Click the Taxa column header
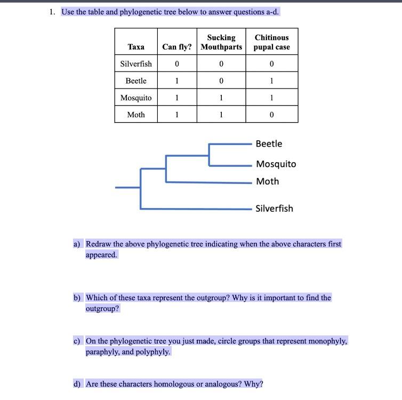point(136,47)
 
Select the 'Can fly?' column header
point(176,47)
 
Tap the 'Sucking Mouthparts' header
point(221,42)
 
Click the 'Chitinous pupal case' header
point(271,42)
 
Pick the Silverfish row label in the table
point(136,63)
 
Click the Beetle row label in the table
point(136,81)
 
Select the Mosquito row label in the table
point(136,98)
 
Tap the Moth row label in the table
point(136,115)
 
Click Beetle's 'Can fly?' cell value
point(176,81)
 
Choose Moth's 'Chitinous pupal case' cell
point(271,115)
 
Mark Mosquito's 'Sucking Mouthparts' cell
point(221,98)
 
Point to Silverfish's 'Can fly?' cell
point(176,63)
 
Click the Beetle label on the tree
point(269,144)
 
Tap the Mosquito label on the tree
point(276,164)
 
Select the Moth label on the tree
point(267,181)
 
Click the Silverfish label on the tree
point(274,209)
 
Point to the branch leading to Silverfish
point(197,209)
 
